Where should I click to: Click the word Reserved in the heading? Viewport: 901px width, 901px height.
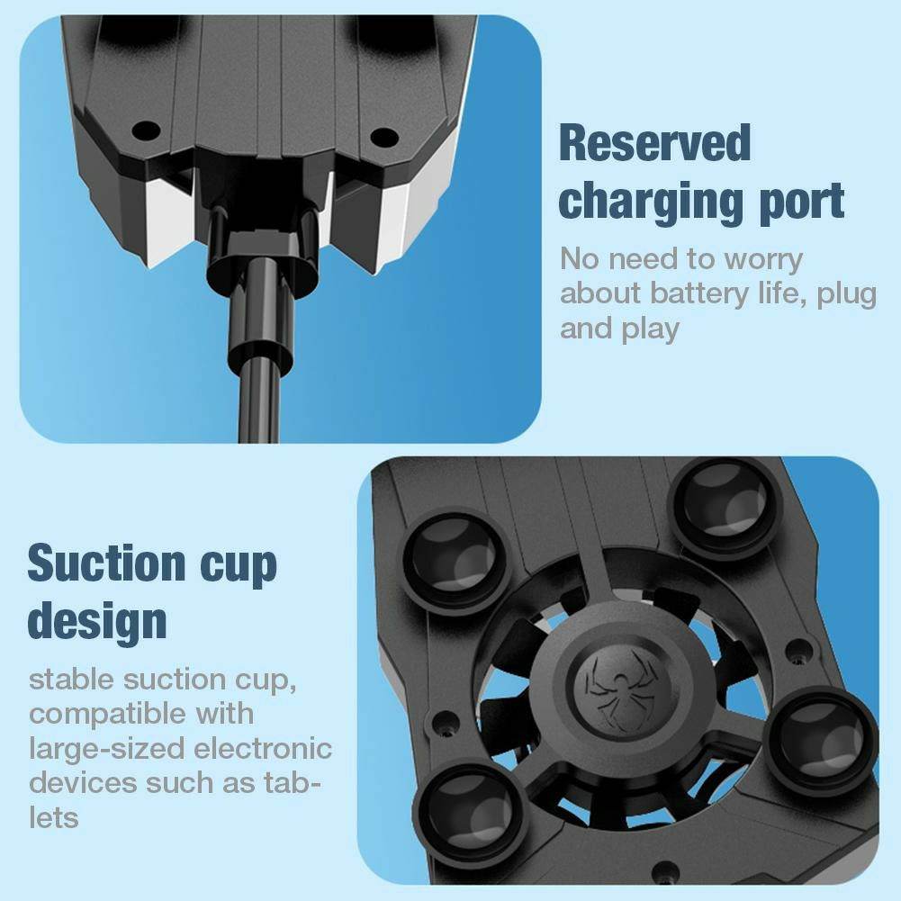click(654, 144)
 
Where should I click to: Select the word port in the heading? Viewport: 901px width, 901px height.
click(797, 202)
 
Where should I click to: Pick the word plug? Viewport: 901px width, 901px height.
click(847, 295)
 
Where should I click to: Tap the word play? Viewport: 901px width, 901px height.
click(649, 329)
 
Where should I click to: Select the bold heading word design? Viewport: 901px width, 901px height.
click(97, 622)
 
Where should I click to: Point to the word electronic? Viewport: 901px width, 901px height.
click(265, 748)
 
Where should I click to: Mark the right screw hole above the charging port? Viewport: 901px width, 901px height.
click(384, 137)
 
